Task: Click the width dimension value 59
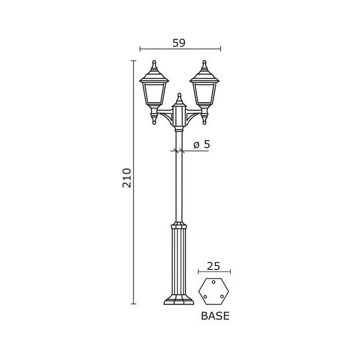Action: coord(178,43)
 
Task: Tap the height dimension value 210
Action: coord(126,178)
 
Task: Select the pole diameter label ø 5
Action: coord(201,144)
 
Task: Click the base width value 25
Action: coord(213,266)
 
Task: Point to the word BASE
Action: coord(215,316)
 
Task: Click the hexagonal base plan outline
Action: coord(199,291)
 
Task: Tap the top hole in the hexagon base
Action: coord(213,281)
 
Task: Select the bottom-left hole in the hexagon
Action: coord(205,296)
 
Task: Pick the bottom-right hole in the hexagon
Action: coord(222,296)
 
